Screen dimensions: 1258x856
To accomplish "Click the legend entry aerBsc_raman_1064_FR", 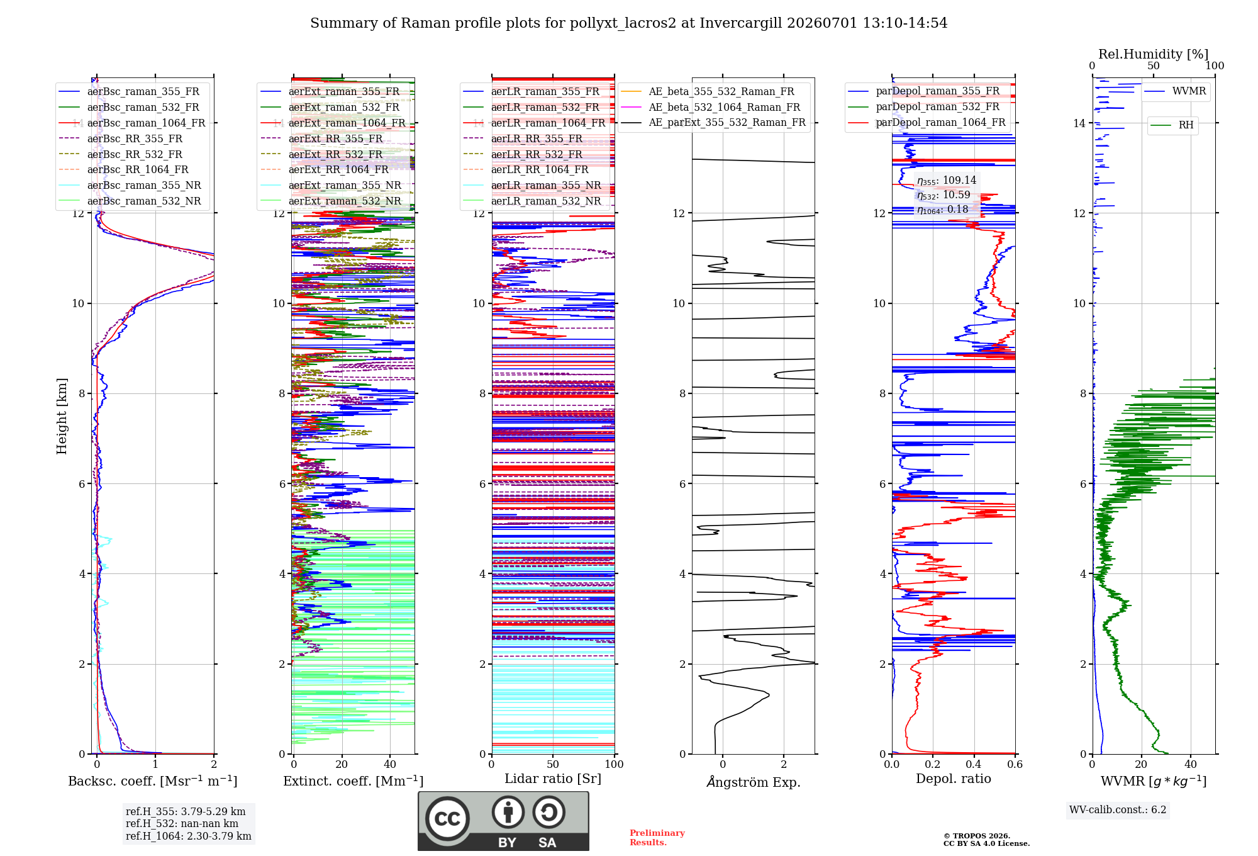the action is (x=132, y=123).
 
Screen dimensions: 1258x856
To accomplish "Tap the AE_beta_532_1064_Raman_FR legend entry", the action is (x=710, y=107).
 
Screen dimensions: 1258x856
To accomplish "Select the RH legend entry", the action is (x=1172, y=125).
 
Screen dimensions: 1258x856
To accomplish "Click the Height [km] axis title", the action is (x=62, y=416).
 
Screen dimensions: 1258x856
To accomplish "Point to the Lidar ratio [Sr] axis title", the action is (x=553, y=779).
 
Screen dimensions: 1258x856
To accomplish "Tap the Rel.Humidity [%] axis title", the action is (x=1154, y=54).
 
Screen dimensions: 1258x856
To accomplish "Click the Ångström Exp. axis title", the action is (x=754, y=782).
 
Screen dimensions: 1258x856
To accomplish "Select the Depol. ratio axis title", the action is (x=954, y=779).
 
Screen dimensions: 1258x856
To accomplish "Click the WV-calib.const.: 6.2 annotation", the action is (x=1118, y=810).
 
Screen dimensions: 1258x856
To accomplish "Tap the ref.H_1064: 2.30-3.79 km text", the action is (x=189, y=836).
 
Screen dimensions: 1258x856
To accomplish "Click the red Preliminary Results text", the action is (x=657, y=838).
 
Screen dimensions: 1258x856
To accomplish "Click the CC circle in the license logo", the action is (x=448, y=818).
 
